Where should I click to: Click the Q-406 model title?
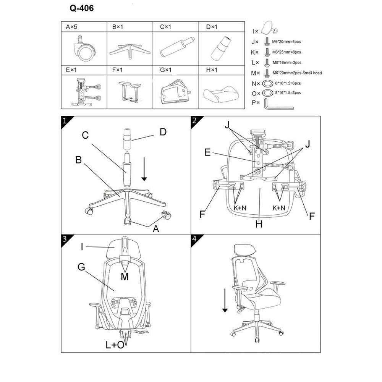tap(82, 8)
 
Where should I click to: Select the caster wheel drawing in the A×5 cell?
tap(84, 49)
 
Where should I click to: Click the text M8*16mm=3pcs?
tap(287, 63)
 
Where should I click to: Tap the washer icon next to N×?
tap(267, 84)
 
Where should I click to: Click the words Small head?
tap(312, 73)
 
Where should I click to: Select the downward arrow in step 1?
tap(144, 169)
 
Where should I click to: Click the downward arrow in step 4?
tap(225, 300)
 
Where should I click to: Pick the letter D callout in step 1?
tap(163, 132)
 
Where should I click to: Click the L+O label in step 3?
tap(115, 345)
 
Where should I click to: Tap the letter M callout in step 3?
tap(125, 277)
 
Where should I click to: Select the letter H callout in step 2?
tap(259, 224)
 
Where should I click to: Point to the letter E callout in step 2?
tap(207, 152)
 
